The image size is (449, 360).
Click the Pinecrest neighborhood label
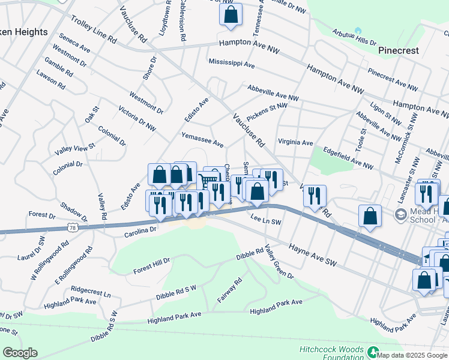[399, 50]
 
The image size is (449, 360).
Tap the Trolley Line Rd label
[94, 30]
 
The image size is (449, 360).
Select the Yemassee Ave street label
[202, 140]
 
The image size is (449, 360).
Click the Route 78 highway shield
[72, 227]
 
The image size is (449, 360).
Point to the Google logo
[20, 353]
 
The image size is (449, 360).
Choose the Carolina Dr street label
[140, 229]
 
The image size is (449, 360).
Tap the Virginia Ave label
[295, 143]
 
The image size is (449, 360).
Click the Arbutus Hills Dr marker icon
[358, 31]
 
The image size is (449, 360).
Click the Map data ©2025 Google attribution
[412, 355]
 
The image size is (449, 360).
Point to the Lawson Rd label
[51, 79]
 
